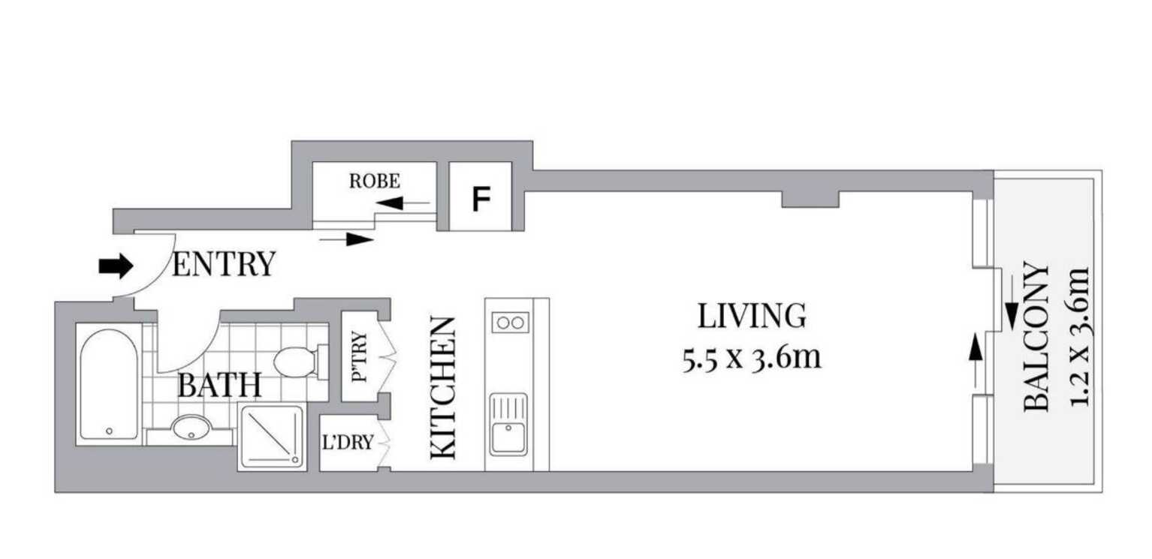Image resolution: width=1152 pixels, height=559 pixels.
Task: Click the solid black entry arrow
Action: coord(116,266)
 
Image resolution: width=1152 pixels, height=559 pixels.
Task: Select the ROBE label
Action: coord(374,181)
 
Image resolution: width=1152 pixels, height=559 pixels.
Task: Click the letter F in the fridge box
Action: coord(481,199)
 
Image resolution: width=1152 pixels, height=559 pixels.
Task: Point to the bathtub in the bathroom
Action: coord(109,383)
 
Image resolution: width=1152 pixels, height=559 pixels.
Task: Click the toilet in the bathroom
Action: coord(296,362)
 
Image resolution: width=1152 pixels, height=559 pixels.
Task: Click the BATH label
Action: coord(219,386)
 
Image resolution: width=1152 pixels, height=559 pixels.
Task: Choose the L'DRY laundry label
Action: coord(347,443)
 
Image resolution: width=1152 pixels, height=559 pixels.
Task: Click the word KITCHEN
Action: coord(443,387)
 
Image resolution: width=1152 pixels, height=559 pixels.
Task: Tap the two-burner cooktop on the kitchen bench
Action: coord(509,323)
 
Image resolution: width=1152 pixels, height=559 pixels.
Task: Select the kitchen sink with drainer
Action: coord(509,425)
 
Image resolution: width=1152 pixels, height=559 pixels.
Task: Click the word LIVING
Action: coord(752,316)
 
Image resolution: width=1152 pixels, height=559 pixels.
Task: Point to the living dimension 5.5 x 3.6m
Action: coord(752,358)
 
